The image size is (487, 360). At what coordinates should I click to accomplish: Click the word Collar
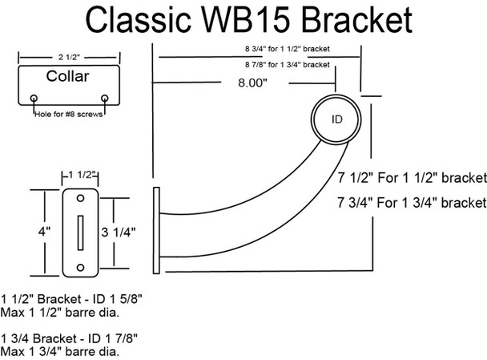[x=68, y=76]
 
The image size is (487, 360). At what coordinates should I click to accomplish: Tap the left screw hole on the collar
[x=34, y=99]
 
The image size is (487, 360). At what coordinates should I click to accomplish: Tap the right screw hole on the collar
[x=105, y=99]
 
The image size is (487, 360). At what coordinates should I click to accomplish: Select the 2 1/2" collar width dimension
[x=69, y=57]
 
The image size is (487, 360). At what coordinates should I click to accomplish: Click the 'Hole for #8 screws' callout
[x=68, y=114]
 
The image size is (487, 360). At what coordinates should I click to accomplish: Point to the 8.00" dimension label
[x=252, y=83]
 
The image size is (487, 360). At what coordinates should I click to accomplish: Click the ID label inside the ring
[x=336, y=119]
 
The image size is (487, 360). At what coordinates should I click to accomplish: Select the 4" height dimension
[x=44, y=232]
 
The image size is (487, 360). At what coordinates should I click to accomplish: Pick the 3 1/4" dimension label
[x=119, y=232]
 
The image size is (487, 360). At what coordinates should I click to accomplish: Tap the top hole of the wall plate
[x=80, y=198]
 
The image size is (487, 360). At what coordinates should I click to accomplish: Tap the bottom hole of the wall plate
[x=80, y=267]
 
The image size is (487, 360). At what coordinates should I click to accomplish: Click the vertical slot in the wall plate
[x=80, y=233]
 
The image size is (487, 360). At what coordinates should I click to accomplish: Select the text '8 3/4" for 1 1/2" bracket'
[x=288, y=49]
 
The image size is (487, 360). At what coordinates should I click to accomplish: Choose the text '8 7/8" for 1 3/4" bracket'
[x=288, y=65]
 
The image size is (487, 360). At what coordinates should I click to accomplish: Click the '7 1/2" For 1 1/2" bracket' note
[x=413, y=178]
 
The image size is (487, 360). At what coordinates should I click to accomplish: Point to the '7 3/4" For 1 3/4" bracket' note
[x=413, y=203]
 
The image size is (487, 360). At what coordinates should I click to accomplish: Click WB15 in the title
[x=247, y=19]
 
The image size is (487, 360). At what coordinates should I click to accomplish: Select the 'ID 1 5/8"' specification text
[x=118, y=299]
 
